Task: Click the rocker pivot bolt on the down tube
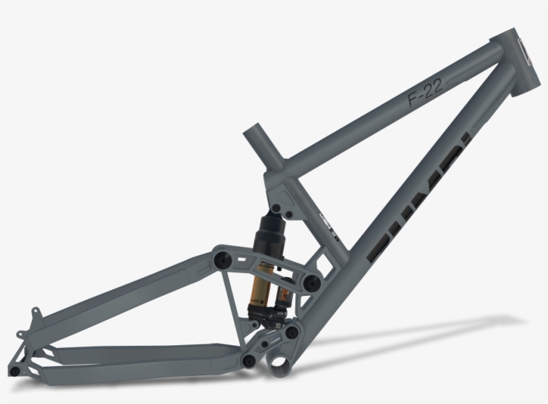point(309,284)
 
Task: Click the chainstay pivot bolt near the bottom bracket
point(249,361)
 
